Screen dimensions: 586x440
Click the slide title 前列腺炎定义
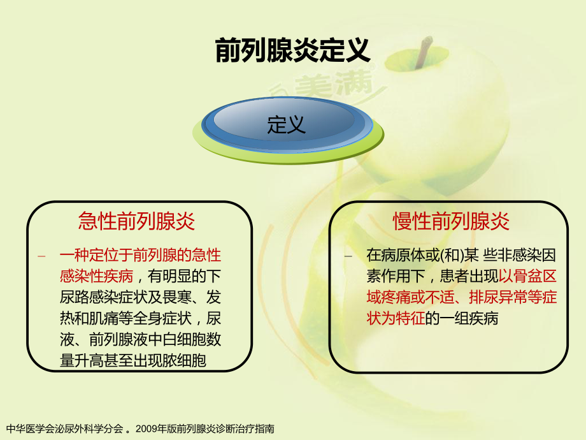click(x=292, y=50)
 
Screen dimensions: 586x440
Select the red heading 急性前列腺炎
click(x=136, y=221)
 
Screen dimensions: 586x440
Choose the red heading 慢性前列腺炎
click(x=451, y=221)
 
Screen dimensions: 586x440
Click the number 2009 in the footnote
click(x=146, y=429)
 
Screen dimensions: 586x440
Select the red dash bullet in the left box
click(x=41, y=256)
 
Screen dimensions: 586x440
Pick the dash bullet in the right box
click(x=348, y=256)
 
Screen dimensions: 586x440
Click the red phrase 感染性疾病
click(x=96, y=277)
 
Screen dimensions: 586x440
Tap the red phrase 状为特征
click(x=396, y=318)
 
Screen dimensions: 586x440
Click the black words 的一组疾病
click(x=462, y=318)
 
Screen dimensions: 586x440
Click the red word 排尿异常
click(x=499, y=297)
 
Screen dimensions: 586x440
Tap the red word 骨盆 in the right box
click(x=527, y=277)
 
